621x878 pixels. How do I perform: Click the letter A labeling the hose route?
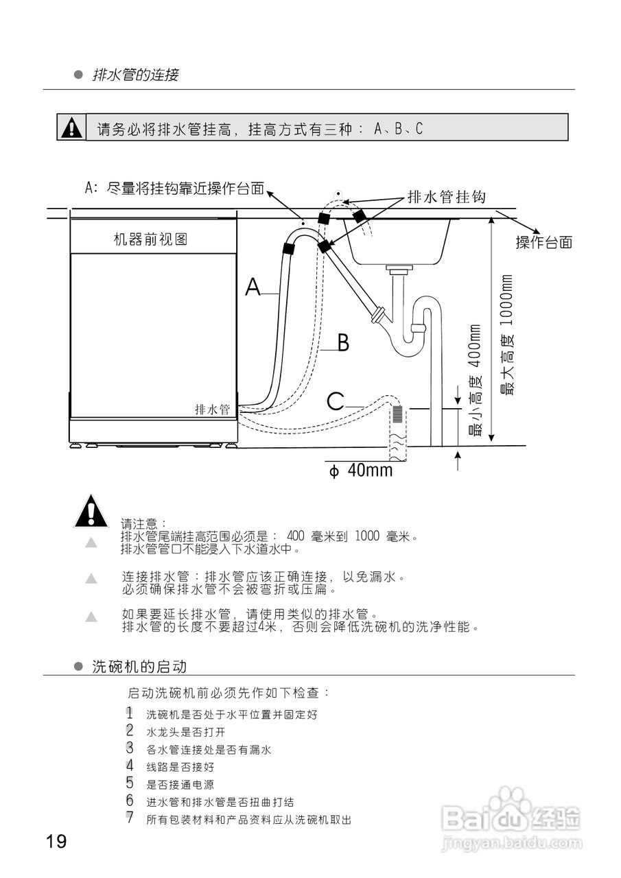253,287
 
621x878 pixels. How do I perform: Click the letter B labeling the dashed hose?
343,342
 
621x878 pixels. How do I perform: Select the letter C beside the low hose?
335,402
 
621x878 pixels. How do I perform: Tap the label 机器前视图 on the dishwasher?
150,239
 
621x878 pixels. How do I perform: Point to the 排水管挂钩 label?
446,198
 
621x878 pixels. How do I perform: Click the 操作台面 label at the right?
543,242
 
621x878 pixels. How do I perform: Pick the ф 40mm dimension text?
361,471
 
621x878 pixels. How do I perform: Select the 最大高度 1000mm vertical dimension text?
507,336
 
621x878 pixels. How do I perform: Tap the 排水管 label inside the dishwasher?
212,410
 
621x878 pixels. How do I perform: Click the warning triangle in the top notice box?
71,128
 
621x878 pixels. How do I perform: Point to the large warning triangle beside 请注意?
91,511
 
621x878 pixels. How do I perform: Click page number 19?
56,841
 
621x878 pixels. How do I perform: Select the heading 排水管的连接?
136,75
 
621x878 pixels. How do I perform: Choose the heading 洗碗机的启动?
139,667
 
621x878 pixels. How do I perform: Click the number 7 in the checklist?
129,818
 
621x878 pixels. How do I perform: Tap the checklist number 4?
129,766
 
